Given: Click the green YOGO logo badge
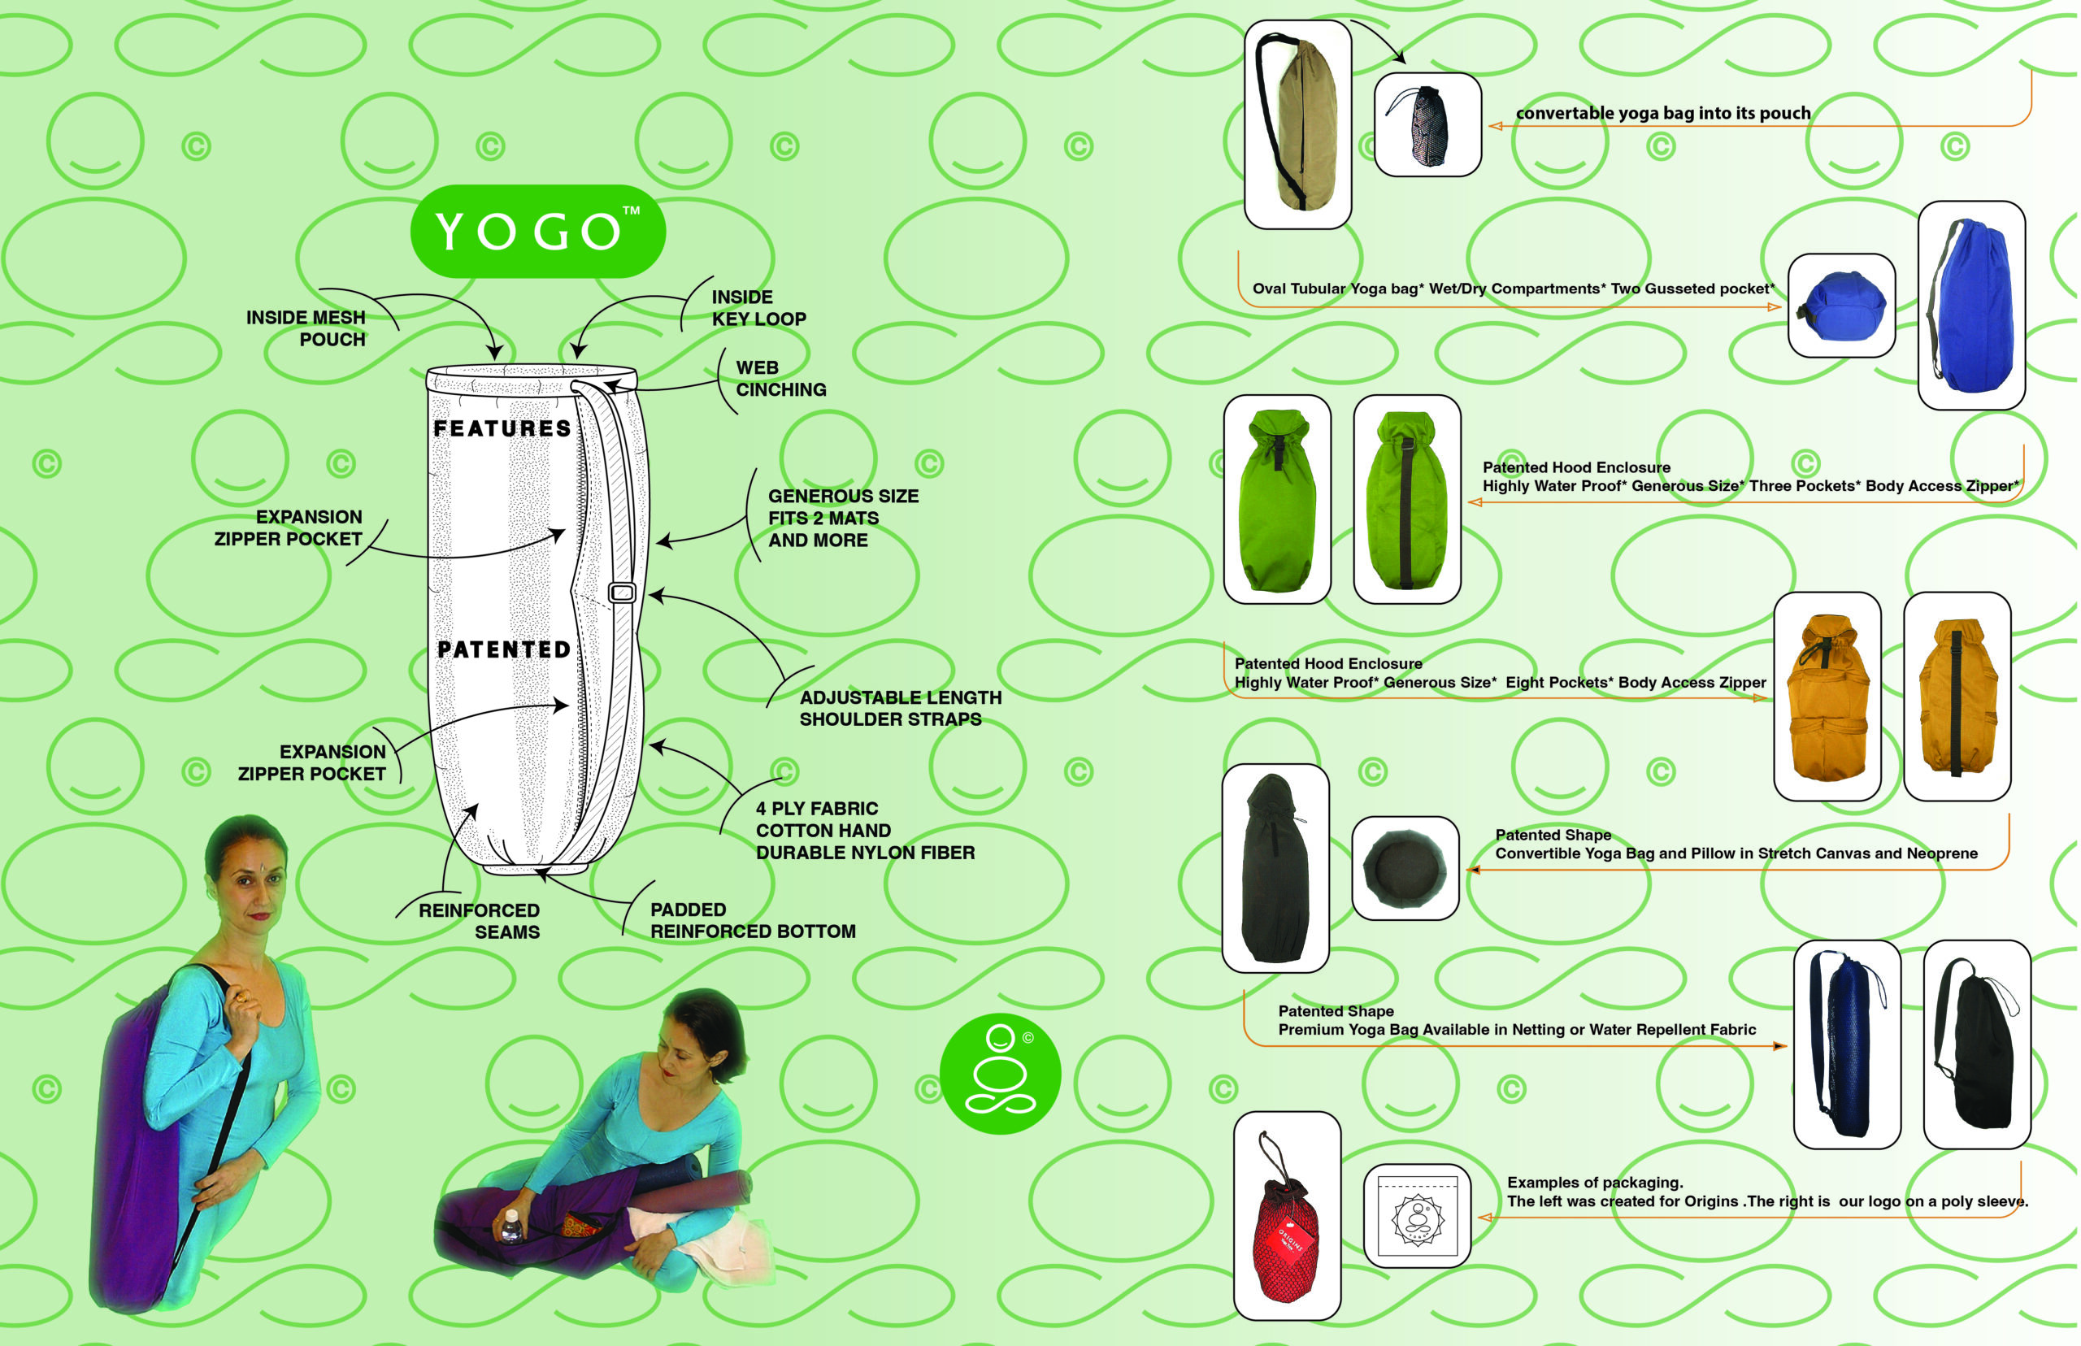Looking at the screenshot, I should (537, 232).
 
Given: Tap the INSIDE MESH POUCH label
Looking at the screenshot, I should (306, 328).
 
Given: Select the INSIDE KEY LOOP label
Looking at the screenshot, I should (758, 309).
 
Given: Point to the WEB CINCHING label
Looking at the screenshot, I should (780, 379).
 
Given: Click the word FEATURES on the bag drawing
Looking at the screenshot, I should (502, 428).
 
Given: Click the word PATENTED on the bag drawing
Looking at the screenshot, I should (503, 649).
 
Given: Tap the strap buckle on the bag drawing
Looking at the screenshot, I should (621, 593).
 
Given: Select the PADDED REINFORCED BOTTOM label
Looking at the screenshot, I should (752, 920).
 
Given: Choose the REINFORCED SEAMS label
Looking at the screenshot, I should (480, 921).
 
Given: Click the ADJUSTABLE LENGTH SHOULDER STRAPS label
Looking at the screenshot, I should (899, 708).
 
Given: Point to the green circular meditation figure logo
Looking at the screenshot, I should (1000, 1073).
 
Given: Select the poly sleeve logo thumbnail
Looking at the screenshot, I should (1417, 1215).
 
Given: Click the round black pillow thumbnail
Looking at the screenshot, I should (1405, 868).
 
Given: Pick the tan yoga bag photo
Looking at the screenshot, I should (1297, 125).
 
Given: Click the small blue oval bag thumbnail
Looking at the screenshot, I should (1840, 305).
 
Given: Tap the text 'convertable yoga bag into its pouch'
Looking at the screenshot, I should (1662, 113).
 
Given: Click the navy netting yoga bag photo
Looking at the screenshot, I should (1846, 1044).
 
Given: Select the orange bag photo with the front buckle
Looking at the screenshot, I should (1827, 697).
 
